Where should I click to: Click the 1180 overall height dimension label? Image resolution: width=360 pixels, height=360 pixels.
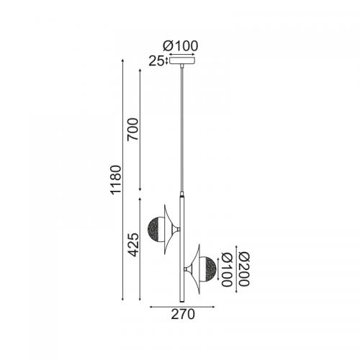[116, 179]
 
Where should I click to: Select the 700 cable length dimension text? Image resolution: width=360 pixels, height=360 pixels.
[132, 129]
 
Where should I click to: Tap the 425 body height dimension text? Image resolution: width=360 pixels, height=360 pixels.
[132, 245]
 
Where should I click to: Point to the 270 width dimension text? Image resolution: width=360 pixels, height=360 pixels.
[183, 315]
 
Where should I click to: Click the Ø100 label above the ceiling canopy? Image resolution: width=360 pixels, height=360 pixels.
[181, 46]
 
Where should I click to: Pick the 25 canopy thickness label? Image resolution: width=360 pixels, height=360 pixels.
[156, 61]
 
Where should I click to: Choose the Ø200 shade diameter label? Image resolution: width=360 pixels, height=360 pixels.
[244, 269]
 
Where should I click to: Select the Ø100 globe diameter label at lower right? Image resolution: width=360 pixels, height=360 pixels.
[227, 269]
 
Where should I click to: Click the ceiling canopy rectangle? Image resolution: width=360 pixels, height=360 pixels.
[182, 60]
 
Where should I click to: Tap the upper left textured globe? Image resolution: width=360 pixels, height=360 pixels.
[156, 229]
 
